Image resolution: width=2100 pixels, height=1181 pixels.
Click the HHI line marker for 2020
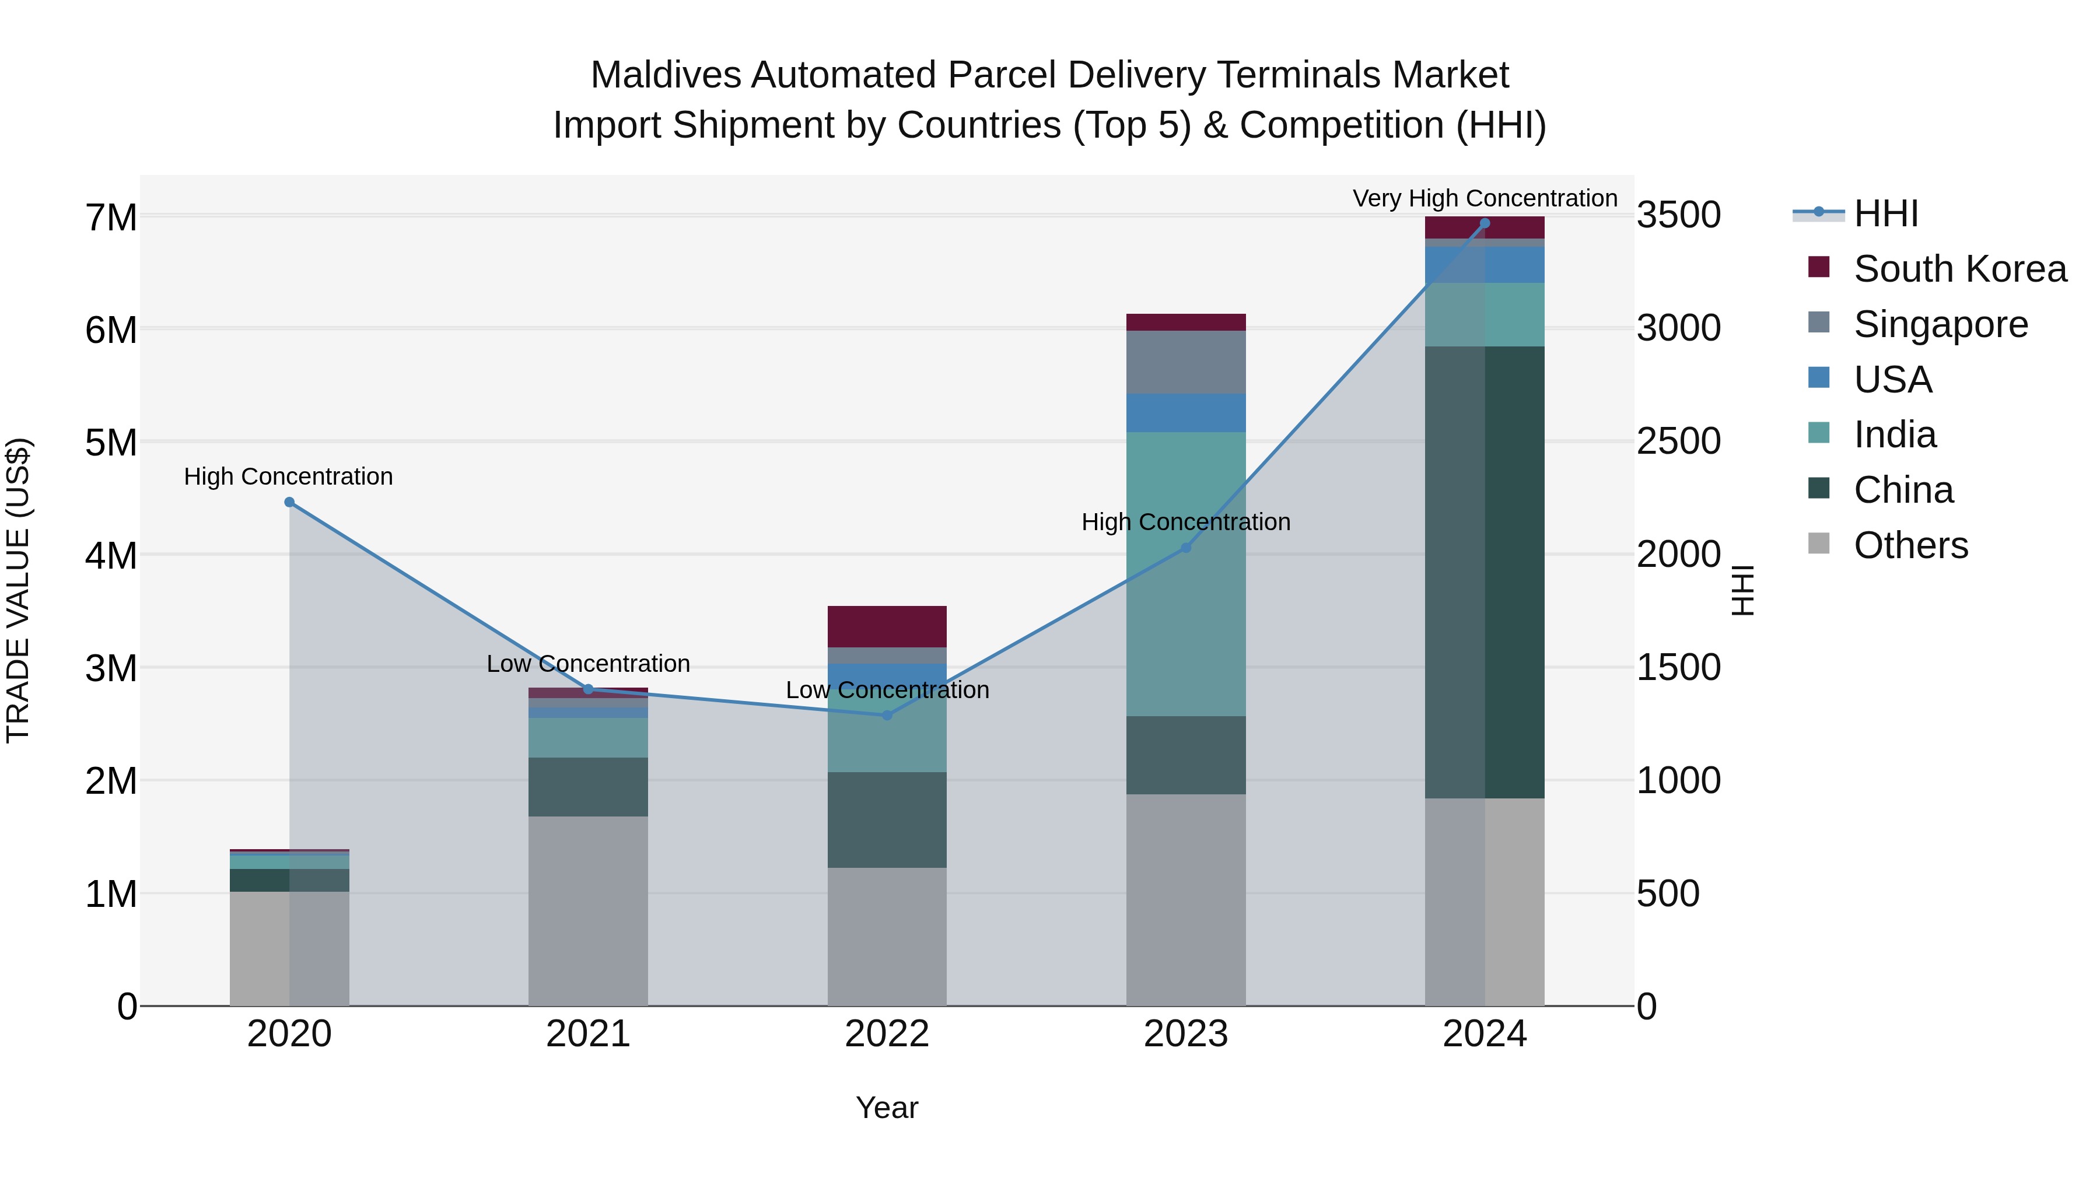click(289, 502)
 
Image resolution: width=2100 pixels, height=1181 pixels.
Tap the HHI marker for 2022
click(887, 716)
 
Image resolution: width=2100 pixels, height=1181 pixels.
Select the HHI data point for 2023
click(1186, 548)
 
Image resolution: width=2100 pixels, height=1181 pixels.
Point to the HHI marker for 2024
click(1485, 223)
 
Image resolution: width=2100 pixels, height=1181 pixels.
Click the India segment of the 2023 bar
click(1186, 574)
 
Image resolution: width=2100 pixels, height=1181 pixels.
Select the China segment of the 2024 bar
click(1485, 572)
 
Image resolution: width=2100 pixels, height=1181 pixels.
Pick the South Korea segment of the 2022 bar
click(887, 626)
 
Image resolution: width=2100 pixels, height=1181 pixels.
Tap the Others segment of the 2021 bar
click(588, 910)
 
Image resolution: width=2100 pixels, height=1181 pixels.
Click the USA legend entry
click(1892, 380)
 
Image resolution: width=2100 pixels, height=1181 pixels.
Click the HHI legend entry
click(1885, 213)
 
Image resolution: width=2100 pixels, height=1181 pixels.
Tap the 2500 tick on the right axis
click(1678, 441)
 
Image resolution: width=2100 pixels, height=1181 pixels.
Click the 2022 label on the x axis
click(887, 1034)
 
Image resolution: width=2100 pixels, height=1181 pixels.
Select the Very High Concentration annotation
click(1485, 198)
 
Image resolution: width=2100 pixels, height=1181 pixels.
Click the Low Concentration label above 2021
click(588, 664)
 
